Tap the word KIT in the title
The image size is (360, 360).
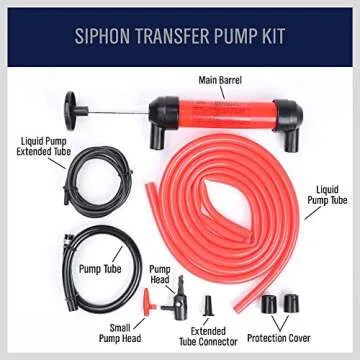click(x=271, y=37)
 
